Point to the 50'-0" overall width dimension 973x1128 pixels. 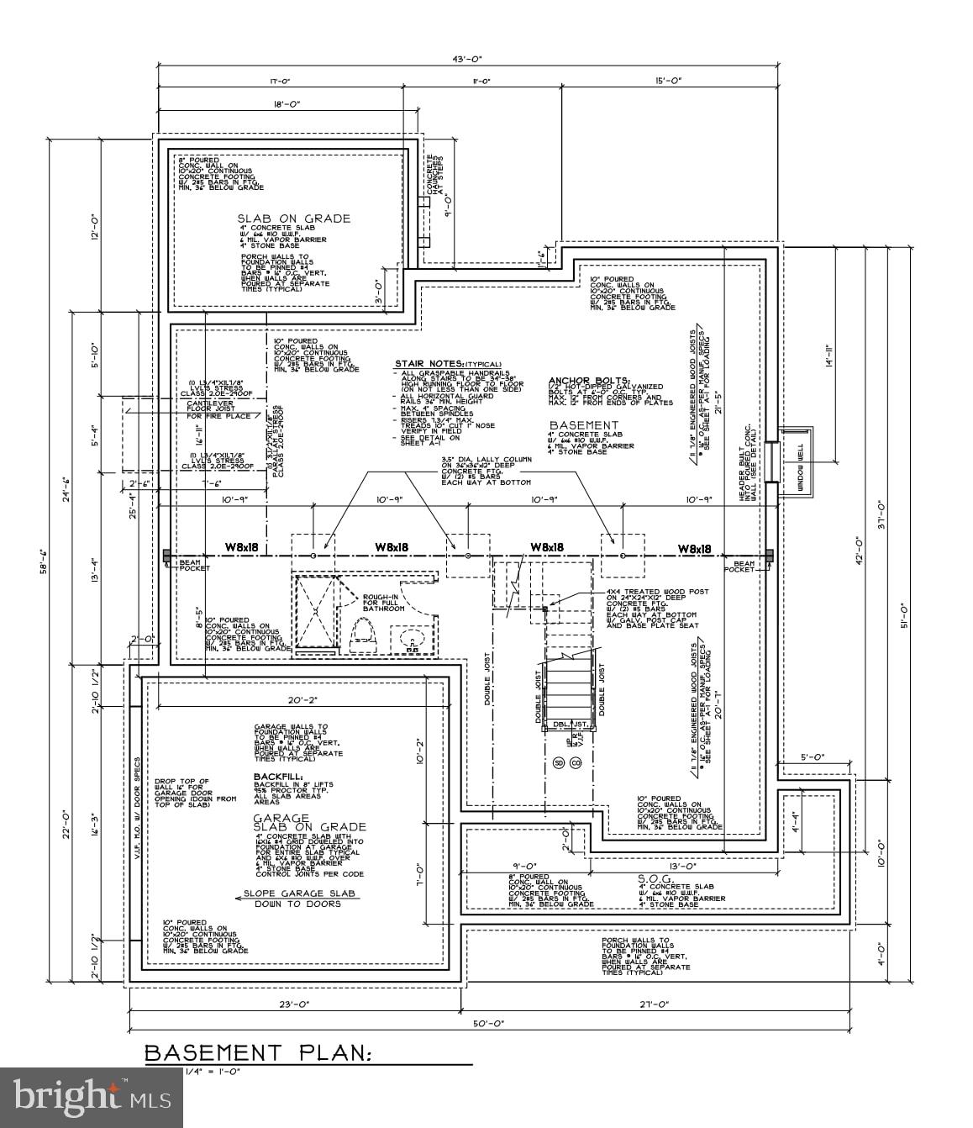click(x=487, y=1024)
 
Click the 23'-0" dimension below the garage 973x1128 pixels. click(x=295, y=1004)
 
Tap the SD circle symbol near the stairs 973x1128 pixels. click(x=558, y=763)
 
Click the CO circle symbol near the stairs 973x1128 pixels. click(x=576, y=763)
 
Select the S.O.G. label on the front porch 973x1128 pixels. click(x=652, y=878)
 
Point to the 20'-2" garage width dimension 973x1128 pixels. click(x=300, y=699)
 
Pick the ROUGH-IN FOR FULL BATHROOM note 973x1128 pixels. click(x=380, y=602)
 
